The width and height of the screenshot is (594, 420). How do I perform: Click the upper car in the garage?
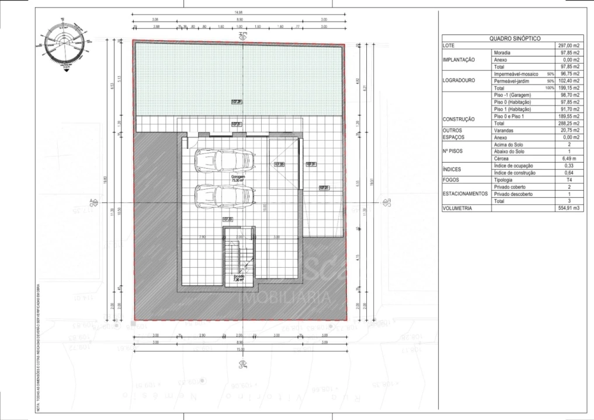coord(225,160)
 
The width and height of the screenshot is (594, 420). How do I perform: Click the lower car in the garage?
coord(225,195)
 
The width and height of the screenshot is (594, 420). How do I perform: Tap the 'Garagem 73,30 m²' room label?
coord(238,179)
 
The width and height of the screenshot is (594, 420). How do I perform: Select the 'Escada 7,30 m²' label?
coord(239,277)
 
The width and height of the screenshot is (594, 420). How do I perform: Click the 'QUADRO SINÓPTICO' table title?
coord(515,38)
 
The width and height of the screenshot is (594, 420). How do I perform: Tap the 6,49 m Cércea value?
coord(571,158)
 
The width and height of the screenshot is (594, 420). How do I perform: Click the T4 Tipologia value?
coord(575,180)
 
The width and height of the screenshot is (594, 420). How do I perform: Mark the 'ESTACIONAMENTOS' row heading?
coord(465,194)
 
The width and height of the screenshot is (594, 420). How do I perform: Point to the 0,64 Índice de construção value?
coord(574,173)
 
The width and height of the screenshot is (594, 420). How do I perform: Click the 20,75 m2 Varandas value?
coord(569,130)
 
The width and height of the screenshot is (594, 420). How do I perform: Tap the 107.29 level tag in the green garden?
coord(237,102)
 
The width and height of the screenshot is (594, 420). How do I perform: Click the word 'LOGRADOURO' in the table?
coord(459,81)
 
